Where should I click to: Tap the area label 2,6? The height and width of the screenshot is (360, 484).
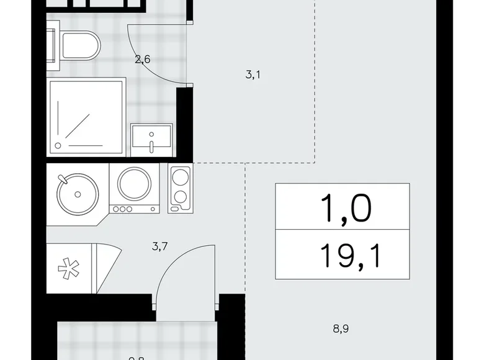click(x=143, y=60)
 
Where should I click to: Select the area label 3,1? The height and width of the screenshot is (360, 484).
click(x=253, y=76)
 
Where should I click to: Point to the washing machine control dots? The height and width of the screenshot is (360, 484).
click(x=124, y=209)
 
